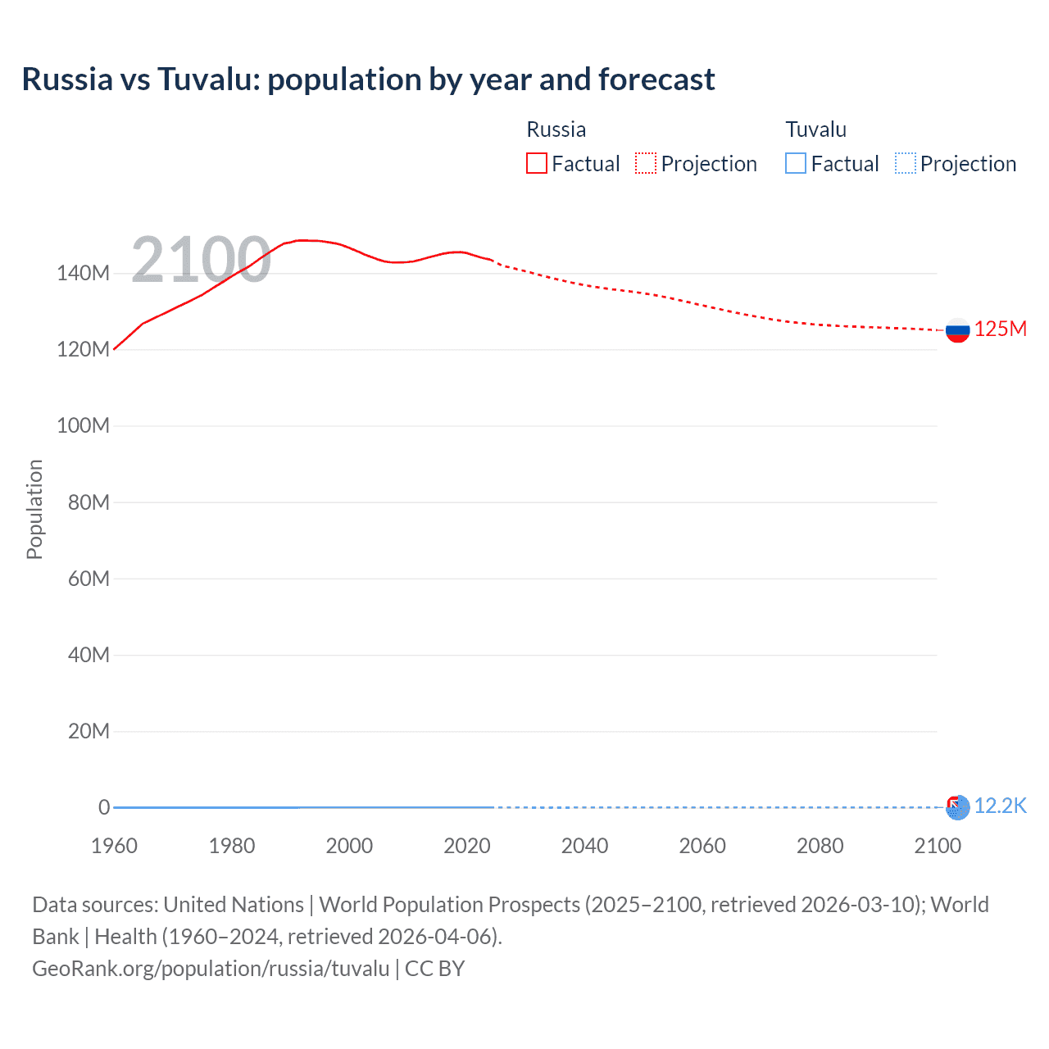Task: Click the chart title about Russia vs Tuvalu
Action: pyautogui.click(x=368, y=79)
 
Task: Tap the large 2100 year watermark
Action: pyautogui.click(x=201, y=260)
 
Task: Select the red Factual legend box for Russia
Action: pyautogui.click(x=536, y=164)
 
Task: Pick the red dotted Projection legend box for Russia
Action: pyautogui.click(x=646, y=164)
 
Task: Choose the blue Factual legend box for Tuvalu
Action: pyautogui.click(x=796, y=164)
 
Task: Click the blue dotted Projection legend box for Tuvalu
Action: pyautogui.click(x=906, y=164)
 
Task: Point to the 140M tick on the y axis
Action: pyautogui.click(x=83, y=274)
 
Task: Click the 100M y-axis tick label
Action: pyautogui.click(x=83, y=426)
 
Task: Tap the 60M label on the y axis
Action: pyautogui.click(x=89, y=579)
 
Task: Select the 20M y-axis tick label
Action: pyautogui.click(x=89, y=731)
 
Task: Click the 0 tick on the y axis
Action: pyautogui.click(x=104, y=807)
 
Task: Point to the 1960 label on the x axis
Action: pyautogui.click(x=114, y=846)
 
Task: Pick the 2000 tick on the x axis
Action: pyautogui.click(x=349, y=846)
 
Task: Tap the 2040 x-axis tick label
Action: pyautogui.click(x=584, y=846)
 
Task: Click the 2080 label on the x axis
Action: pyautogui.click(x=820, y=846)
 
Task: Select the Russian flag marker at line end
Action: pyautogui.click(x=957, y=330)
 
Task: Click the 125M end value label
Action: pyautogui.click(x=1000, y=329)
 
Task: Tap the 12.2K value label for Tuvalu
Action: pyautogui.click(x=1000, y=806)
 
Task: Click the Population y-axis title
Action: pyautogui.click(x=34, y=509)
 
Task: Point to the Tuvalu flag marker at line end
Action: pyautogui.click(x=957, y=807)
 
